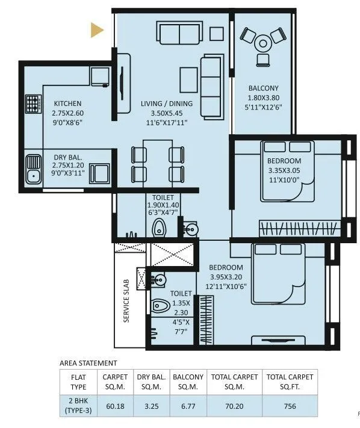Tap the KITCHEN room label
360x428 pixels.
(x=67, y=104)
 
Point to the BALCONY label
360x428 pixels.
(x=263, y=88)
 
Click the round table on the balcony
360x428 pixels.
(x=264, y=43)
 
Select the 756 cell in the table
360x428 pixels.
(x=290, y=406)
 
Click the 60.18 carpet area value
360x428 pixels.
(x=116, y=406)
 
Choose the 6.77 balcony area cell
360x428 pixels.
(x=188, y=406)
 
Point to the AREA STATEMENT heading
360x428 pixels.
(x=88, y=363)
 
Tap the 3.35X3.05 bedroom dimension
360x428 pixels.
(x=284, y=170)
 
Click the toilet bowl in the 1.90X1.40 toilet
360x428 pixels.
(x=160, y=228)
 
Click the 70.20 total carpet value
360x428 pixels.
(x=234, y=406)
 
